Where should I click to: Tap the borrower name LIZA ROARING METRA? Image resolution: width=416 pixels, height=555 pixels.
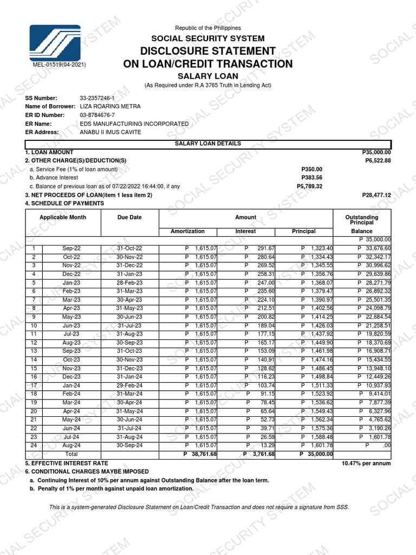point(110,106)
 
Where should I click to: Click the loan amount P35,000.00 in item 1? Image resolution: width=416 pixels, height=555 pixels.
point(376,153)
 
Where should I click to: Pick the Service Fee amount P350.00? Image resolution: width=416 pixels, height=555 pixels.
point(311,169)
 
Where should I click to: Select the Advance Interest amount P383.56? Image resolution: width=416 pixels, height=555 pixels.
point(311,178)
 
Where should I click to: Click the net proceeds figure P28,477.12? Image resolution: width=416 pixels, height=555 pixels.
point(376,195)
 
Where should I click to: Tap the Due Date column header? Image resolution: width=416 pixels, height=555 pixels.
point(129,217)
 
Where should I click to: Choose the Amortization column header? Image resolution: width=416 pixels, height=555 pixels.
point(187,231)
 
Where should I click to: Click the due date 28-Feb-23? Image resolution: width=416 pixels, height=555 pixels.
point(130,283)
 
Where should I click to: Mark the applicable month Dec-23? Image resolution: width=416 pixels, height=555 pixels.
point(71,377)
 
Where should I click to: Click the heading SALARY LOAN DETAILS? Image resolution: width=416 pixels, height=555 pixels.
point(208,144)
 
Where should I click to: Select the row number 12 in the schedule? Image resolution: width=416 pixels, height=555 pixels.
point(34,343)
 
